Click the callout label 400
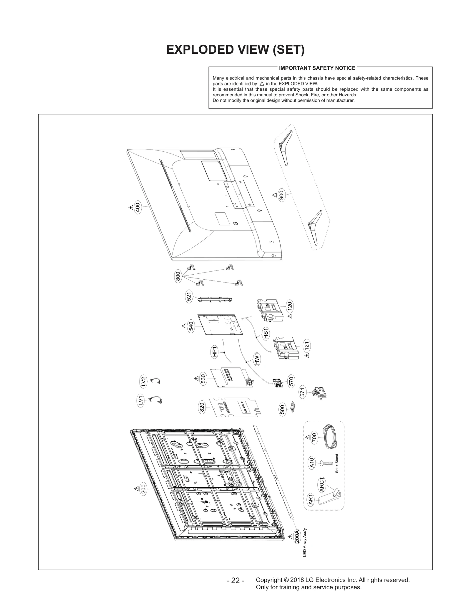coord(137,207)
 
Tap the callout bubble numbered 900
coord(281,195)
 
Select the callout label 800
coord(178,277)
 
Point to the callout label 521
coord(189,296)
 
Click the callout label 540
coord(191,326)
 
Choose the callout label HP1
coord(215,352)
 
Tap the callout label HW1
coord(257,359)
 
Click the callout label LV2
coord(143,382)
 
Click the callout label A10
coord(312,464)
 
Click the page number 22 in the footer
coord(235,580)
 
